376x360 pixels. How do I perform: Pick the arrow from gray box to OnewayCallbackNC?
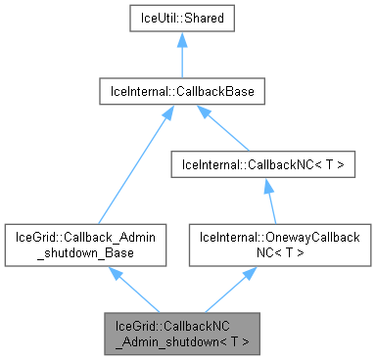pyautogui.click(x=231, y=288)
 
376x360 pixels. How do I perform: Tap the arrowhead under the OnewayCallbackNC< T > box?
pyautogui.click(x=251, y=271)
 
